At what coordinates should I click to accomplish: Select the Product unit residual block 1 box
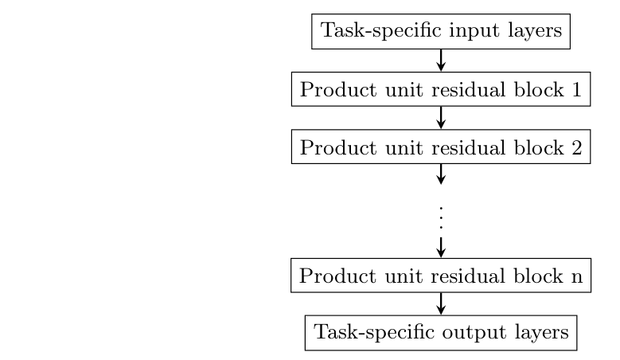440,89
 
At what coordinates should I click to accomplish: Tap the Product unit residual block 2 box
440,147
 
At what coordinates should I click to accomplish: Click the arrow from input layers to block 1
440,61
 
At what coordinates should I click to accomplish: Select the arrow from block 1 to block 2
440,118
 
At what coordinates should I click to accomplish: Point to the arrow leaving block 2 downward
440,174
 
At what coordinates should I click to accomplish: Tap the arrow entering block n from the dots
440,246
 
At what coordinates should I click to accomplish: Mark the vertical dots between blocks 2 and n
440,217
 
